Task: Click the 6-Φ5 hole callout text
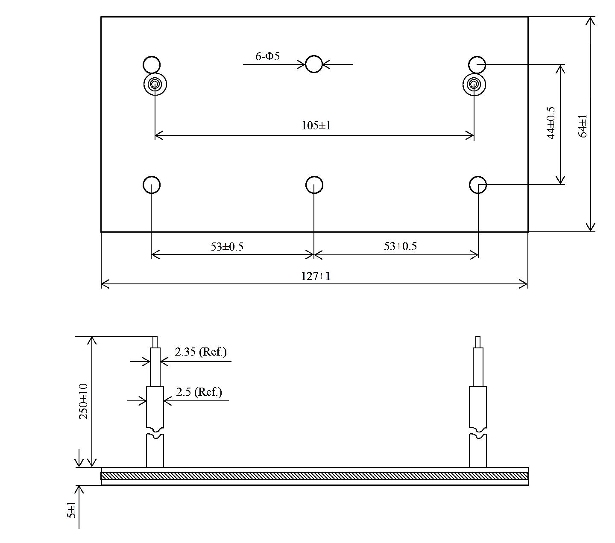pos(268,56)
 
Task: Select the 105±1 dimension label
pos(316,126)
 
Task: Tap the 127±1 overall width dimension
pos(316,276)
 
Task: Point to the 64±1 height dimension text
pos(583,126)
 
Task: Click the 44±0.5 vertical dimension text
pos(551,123)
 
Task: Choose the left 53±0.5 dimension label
pos(227,247)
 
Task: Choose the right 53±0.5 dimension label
pos(400,246)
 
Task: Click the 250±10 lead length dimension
pos(83,401)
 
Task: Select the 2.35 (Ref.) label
pos(201,352)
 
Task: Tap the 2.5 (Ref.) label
pos(199,392)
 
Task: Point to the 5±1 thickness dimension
pos(72,510)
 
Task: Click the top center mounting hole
pos(314,64)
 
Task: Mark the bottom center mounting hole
pos(314,185)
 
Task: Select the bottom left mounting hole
pos(152,185)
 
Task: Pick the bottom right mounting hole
pos(478,185)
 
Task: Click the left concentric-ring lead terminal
pos(155,84)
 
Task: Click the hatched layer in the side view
pos(315,476)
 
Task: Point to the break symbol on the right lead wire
pos(478,432)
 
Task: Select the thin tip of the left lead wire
pos(155,342)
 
